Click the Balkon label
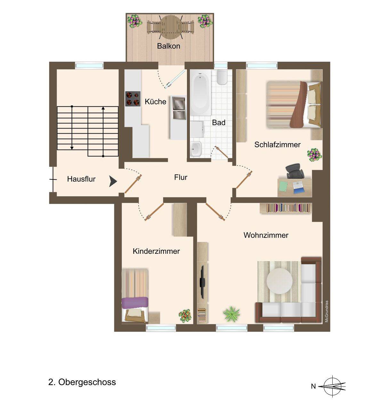[x=169, y=46]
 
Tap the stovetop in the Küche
[x=133, y=99]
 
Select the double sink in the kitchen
[x=179, y=108]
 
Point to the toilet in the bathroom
[x=222, y=77]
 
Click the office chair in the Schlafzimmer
[x=295, y=171]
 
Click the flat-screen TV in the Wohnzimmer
[x=202, y=282]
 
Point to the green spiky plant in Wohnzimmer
[x=231, y=313]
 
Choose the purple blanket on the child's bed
[x=135, y=303]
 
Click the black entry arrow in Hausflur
[x=113, y=181]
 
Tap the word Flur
[x=181, y=178]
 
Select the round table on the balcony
[x=171, y=27]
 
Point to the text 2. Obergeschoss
[x=82, y=382]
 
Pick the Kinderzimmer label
[x=156, y=251]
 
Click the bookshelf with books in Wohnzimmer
[x=286, y=208]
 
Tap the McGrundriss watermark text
[x=327, y=312]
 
